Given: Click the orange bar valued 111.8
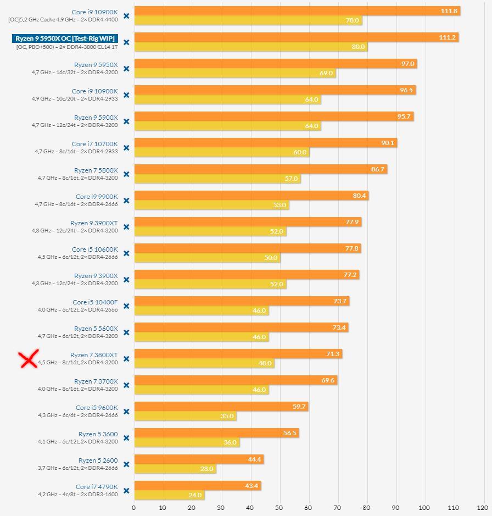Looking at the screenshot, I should coord(297,11).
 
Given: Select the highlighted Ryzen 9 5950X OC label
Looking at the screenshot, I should coord(65,38).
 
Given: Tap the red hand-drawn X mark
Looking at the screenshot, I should coord(29,359).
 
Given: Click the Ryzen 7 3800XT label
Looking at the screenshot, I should coord(94,355).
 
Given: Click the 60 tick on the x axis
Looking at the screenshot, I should coord(308,508).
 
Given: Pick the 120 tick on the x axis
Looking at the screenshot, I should coord(482,508).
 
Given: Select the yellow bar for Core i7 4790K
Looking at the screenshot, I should coord(169,495).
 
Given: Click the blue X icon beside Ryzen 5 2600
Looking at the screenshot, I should coord(126,464).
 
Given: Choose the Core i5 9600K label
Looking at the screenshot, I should coord(97,408).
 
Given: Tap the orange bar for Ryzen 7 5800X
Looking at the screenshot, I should coord(260,169).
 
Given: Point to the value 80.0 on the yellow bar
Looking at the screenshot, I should coord(358,47).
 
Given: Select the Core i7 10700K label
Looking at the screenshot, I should coord(94,144).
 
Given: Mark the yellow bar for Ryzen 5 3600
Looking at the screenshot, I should coord(187,442).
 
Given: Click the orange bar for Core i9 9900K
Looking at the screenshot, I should coord(251,196).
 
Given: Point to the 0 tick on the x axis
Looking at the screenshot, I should coord(134,508).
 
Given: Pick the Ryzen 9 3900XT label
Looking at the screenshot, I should coord(94,223).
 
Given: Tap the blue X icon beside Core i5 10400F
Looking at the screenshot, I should coord(126,306).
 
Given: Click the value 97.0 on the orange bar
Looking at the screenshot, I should coord(407,64).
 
